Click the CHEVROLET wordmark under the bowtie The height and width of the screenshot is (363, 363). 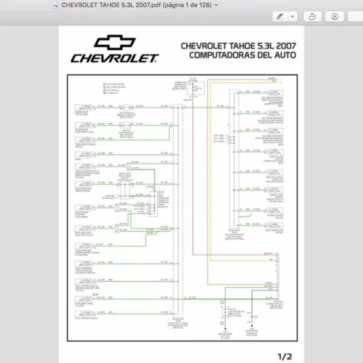pyautogui.click(x=114, y=59)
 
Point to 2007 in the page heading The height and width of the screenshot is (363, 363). pyautogui.click(x=286, y=45)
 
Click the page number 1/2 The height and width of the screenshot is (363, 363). pyautogui.click(x=284, y=356)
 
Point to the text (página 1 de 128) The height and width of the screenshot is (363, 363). pyautogui.click(x=185, y=5)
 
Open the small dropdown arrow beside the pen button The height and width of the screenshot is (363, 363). pyautogui.click(x=293, y=16)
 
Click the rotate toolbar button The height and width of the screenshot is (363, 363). pyautogui.click(x=313, y=16)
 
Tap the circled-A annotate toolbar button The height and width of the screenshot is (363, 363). pyautogui.click(x=337, y=16)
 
